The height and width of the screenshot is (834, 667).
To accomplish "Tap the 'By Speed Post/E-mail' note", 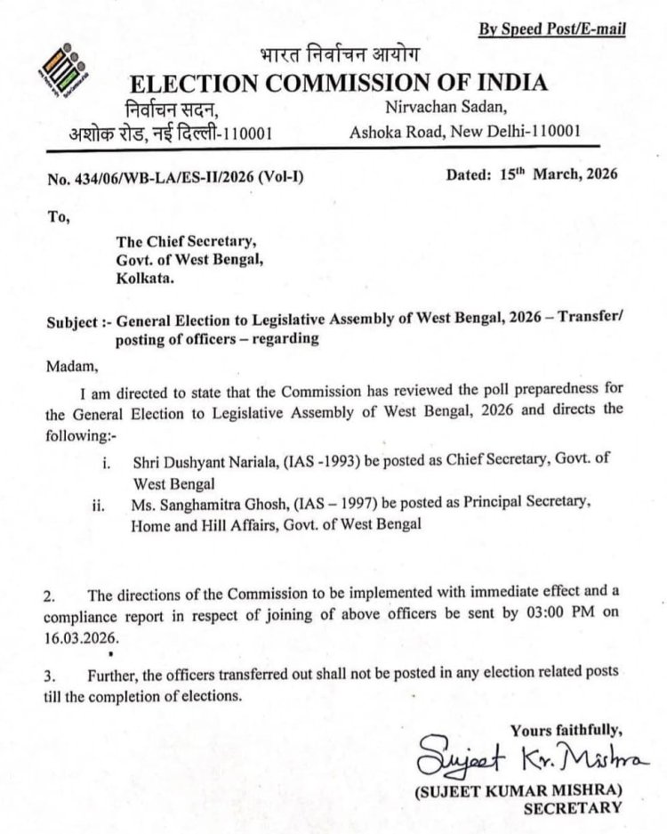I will click(552, 29).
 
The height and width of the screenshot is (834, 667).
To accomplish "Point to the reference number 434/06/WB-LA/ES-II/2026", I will click(177, 178).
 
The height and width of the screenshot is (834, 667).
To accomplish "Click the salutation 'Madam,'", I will click(70, 363).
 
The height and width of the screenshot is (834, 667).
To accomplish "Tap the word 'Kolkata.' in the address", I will click(148, 278).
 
